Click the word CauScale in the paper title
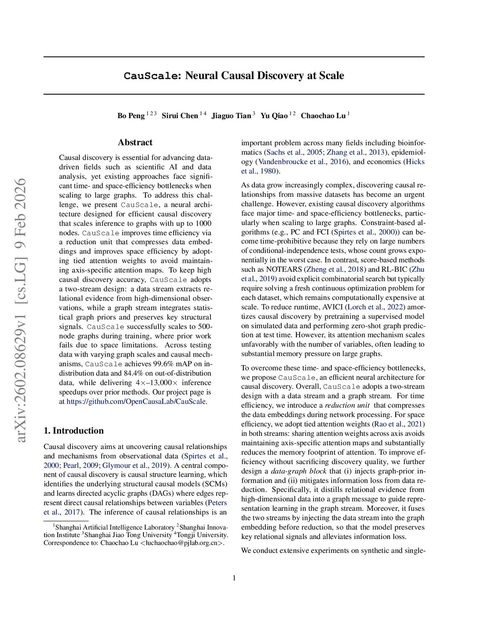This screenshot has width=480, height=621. pyautogui.click(x=150, y=76)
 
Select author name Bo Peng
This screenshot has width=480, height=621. pyautogui.click(x=131, y=116)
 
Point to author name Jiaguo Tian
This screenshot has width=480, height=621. pyautogui.click(x=231, y=116)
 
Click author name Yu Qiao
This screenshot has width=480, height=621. pyautogui.click(x=274, y=116)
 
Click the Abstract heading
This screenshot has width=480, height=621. pyautogui.click(x=135, y=142)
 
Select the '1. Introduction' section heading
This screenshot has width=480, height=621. pyautogui.click(x=74, y=431)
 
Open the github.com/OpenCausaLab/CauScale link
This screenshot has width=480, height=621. pyautogui.click(x=136, y=402)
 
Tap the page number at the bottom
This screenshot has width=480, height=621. pyautogui.click(x=234, y=578)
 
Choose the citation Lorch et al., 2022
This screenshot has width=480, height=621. pyautogui.click(x=375, y=307)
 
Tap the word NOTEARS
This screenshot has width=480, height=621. pyautogui.click(x=284, y=269)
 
